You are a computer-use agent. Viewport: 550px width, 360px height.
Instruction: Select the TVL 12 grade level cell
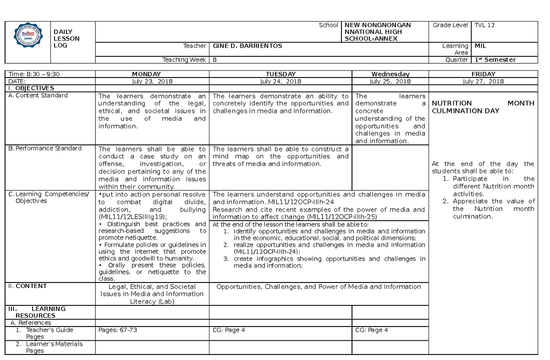point(484,25)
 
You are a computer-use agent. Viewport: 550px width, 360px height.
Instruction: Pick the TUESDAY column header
point(280,74)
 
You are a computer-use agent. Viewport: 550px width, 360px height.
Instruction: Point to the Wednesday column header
point(390,74)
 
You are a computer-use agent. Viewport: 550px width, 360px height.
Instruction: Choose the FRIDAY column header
point(483,74)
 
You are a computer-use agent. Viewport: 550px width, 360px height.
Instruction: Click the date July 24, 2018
point(280,81)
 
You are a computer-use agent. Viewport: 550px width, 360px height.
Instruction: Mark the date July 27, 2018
point(483,81)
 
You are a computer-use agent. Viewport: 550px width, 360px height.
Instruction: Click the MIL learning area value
point(480,46)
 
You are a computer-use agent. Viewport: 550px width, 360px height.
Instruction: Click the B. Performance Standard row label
point(45,149)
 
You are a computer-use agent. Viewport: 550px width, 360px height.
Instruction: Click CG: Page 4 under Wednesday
point(372,330)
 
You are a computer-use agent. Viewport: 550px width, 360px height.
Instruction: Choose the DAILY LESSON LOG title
point(66,39)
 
